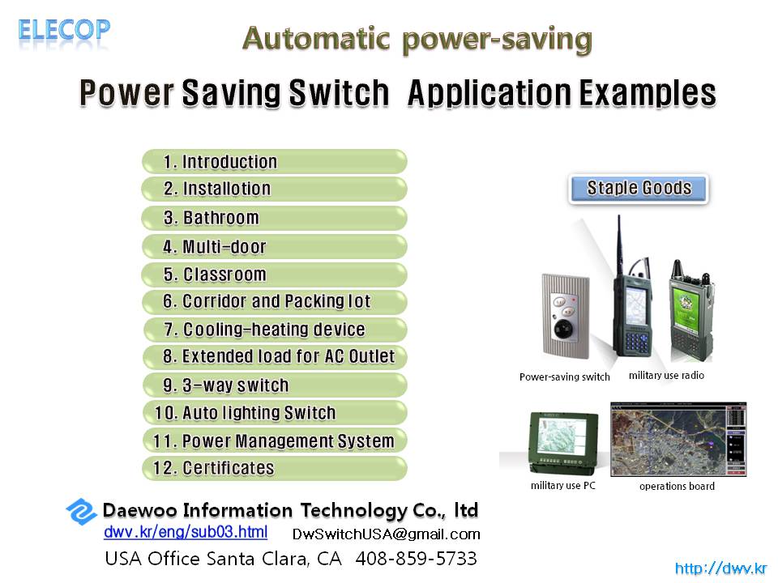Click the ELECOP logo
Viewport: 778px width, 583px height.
pyautogui.click(x=64, y=30)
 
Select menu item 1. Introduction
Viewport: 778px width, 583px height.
pyautogui.click(x=275, y=162)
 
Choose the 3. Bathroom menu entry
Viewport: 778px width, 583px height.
pyautogui.click(x=275, y=218)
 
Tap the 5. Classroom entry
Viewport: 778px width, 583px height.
pyautogui.click(x=275, y=274)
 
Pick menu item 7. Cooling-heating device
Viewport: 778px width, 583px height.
pyautogui.click(x=275, y=330)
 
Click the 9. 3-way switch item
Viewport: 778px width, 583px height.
pyautogui.click(x=275, y=385)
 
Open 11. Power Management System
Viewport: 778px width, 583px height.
pyautogui.click(x=275, y=440)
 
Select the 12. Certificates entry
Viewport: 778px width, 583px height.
pyautogui.click(x=275, y=468)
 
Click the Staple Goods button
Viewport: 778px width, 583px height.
pyautogui.click(x=639, y=189)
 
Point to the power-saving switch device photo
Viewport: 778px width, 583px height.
pyautogui.click(x=566, y=316)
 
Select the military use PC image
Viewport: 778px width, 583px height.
pyautogui.click(x=564, y=443)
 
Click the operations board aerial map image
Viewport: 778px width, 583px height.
pyautogui.click(x=678, y=440)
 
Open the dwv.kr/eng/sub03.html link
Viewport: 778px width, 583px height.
pyautogui.click(x=186, y=532)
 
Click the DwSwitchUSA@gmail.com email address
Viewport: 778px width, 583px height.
pyautogui.click(x=386, y=534)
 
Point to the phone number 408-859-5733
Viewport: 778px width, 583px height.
pyautogui.click(x=416, y=558)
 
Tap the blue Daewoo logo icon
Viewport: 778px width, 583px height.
pyautogui.click(x=81, y=511)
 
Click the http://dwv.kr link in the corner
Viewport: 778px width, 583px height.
pyautogui.click(x=720, y=568)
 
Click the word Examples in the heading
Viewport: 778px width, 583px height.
pyautogui.click(x=648, y=92)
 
